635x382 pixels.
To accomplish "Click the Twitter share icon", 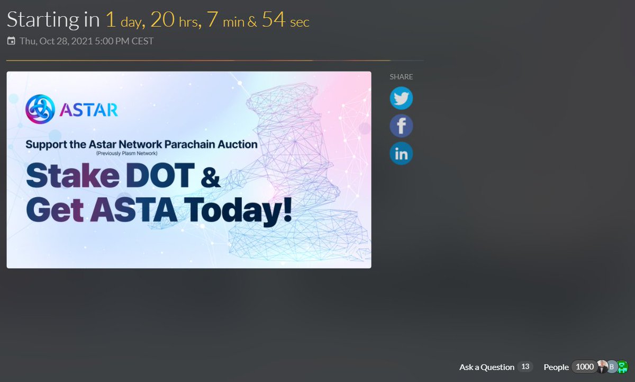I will pos(401,99).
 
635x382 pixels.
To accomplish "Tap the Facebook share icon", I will pos(401,126).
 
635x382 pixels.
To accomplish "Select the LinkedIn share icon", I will pos(401,154).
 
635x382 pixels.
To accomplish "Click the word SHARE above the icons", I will pos(401,77).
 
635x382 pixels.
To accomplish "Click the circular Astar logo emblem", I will pos(40,109).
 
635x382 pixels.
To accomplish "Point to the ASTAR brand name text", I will pos(89,110).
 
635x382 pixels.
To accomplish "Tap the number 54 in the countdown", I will pos(274,20).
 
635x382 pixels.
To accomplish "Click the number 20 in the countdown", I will pos(162,20).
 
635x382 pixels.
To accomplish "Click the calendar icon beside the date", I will pos(11,41).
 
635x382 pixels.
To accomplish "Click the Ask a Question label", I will pos(486,367).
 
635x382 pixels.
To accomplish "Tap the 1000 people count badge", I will pos(585,367).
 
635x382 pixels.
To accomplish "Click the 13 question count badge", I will pos(525,367).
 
